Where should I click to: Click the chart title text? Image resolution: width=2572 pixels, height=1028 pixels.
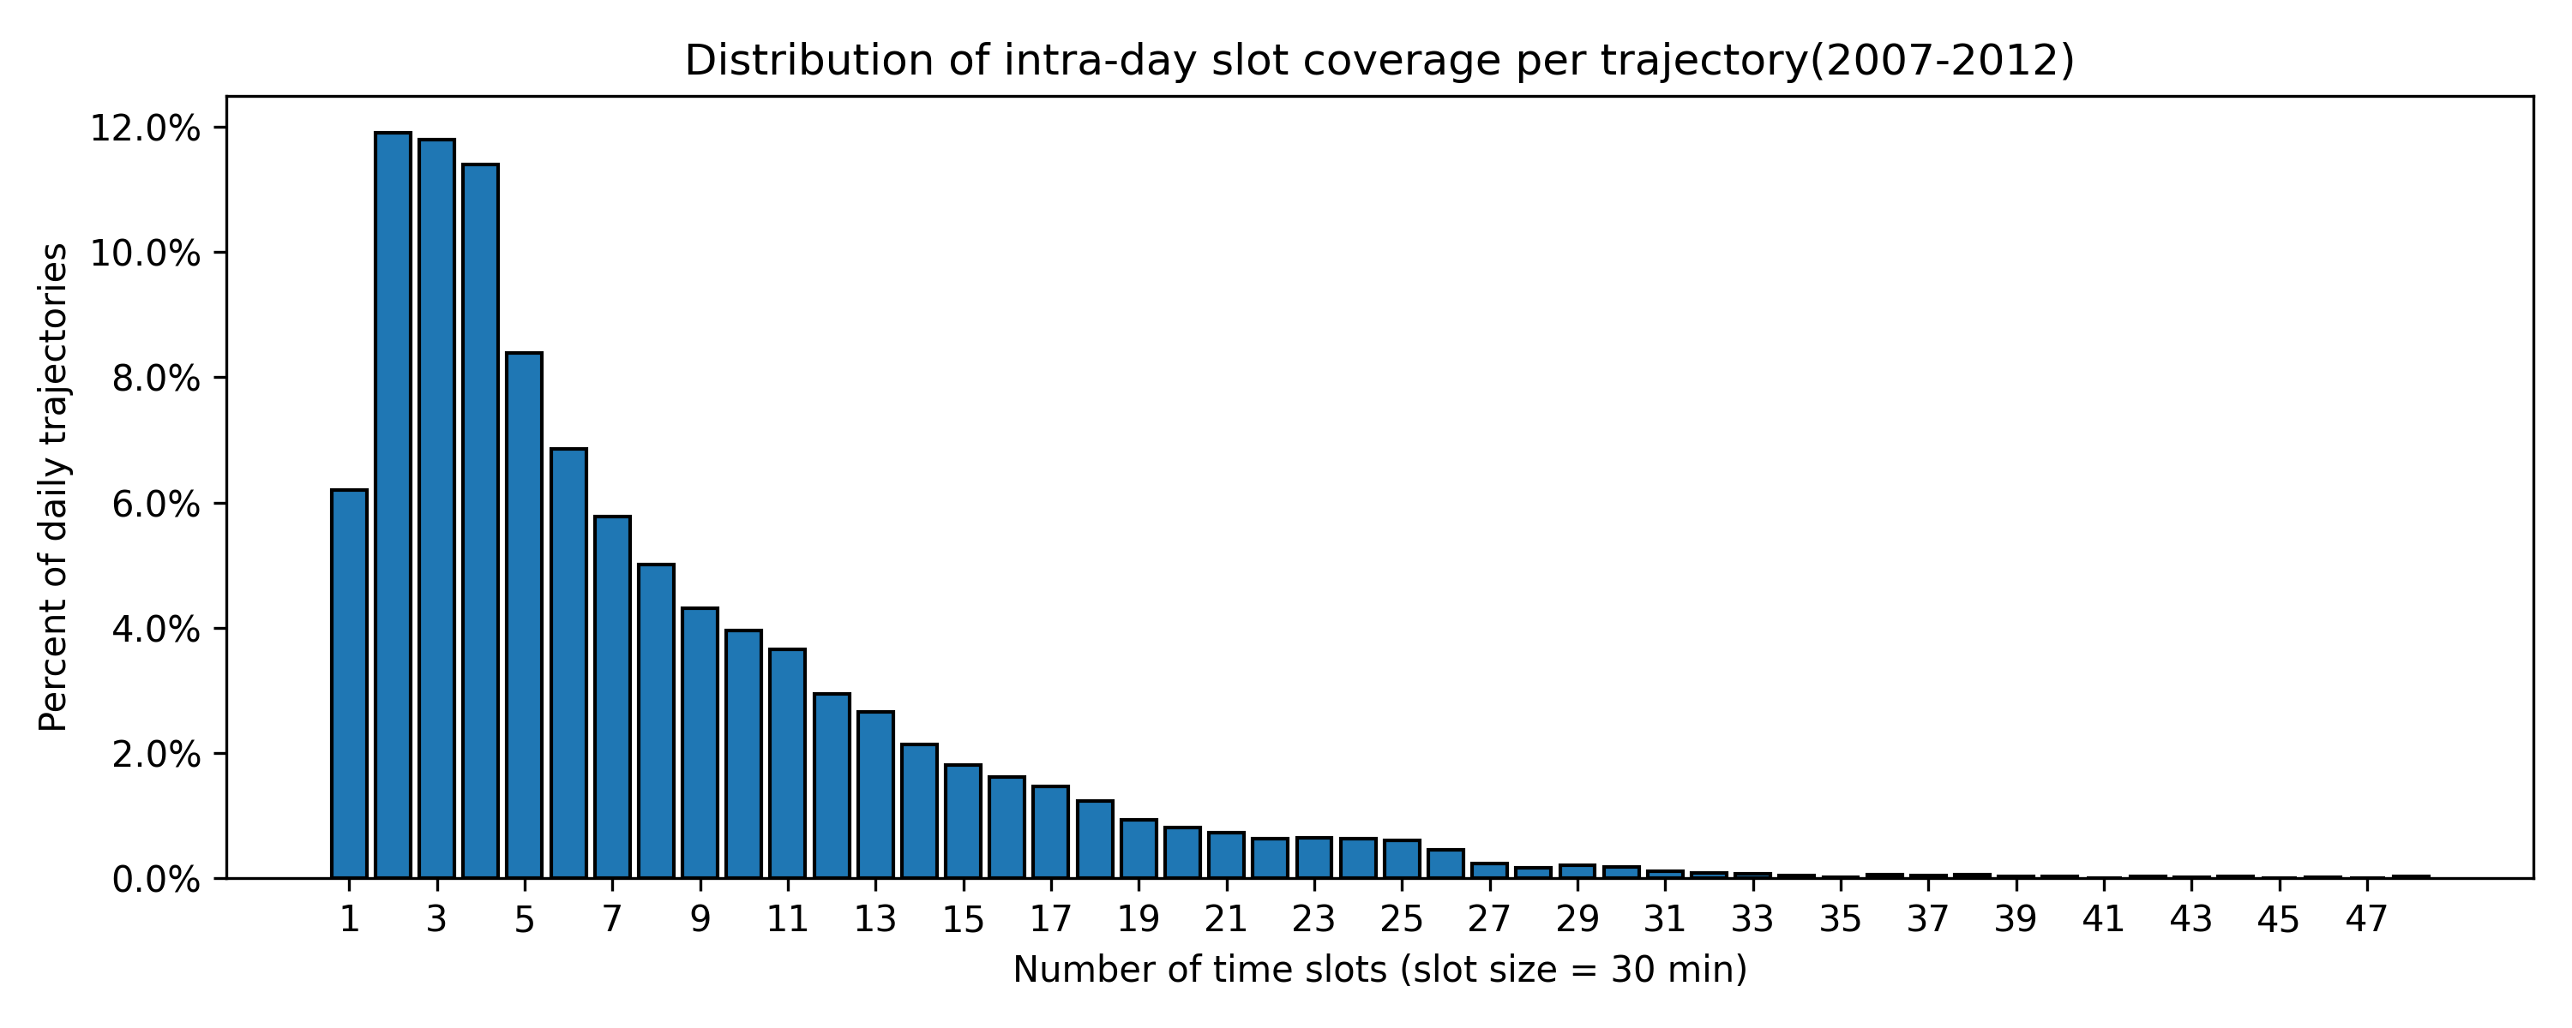point(1379,61)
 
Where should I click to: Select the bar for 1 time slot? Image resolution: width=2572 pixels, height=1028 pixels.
point(350,684)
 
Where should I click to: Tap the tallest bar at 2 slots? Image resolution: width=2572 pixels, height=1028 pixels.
point(394,505)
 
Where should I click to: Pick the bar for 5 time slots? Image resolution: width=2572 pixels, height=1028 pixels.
point(524,615)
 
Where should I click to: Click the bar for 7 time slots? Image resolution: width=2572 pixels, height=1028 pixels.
point(612,696)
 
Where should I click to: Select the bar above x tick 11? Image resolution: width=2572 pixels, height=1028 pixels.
point(788,763)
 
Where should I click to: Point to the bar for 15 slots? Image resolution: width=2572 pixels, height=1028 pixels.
point(964,822)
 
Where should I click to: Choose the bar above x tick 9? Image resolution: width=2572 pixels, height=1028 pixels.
point(700,743)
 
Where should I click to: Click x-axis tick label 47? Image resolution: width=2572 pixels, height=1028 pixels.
point(2366,919)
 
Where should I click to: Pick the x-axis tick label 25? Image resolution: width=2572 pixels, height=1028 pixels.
point(1402,919)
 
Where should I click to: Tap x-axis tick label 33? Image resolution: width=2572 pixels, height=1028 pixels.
point(1752,919)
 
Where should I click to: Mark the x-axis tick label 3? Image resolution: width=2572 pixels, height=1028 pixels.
point(436,919)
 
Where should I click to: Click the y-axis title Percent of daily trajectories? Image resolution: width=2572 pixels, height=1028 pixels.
point(54,487)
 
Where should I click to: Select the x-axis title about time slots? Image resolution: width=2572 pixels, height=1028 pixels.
point(1379,969)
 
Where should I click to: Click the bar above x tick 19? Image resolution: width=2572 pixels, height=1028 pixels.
point(1139,848)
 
